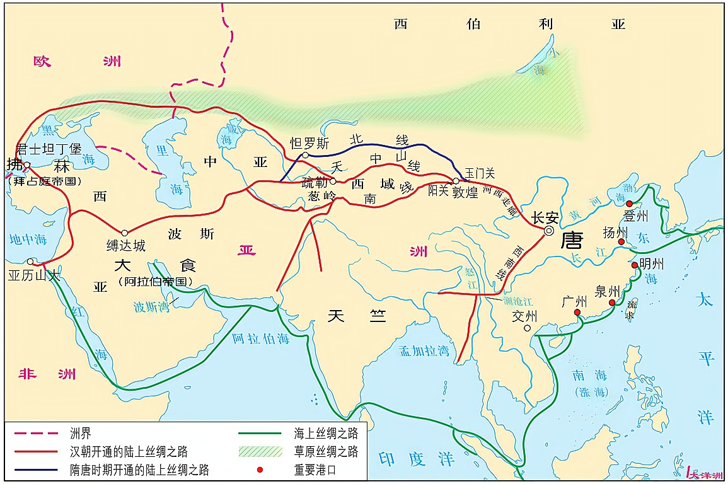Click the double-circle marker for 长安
point(549,231)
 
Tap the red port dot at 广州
point(577,312)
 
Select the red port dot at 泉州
point(611,303)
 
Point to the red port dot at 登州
point(629,204)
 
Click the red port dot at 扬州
point(621,241)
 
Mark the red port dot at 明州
point(635,265)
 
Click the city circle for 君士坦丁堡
point(27,165)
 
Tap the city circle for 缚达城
point(124,233)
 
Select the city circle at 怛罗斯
point(305,155)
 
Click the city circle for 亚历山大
point(30,262)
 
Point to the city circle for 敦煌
point(456,181)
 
